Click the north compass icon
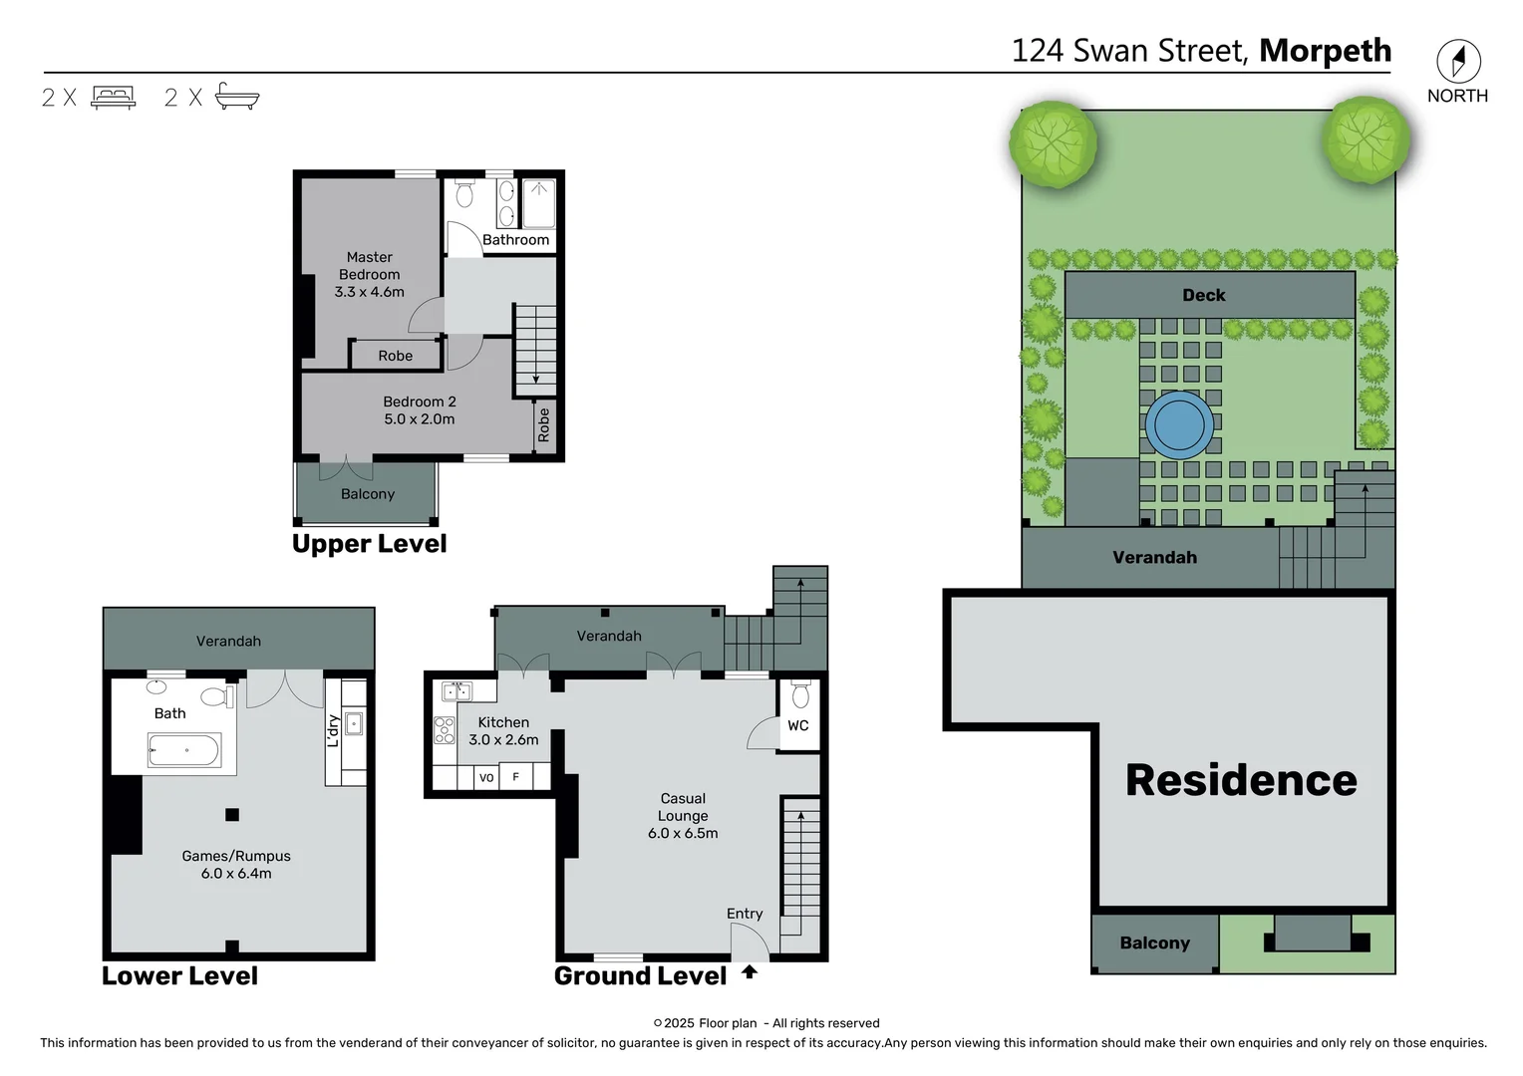[1458, 62]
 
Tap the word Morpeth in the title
[1325, 51]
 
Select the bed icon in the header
[113, 97]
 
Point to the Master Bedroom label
[369, 266]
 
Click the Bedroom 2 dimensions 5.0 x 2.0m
[419, 419]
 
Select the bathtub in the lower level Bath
[184, 750]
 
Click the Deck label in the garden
[1203, 295]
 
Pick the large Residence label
[1241, 780]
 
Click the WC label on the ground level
[798, 725]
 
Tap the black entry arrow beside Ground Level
[750, 971]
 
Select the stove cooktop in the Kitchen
[444, 730]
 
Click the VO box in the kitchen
[486, 777]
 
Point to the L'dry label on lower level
[333, 730]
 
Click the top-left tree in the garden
[1053, 142]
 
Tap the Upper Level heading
[369, 544]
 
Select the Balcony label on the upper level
[368, 494]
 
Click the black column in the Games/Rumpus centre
[232, 814]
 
